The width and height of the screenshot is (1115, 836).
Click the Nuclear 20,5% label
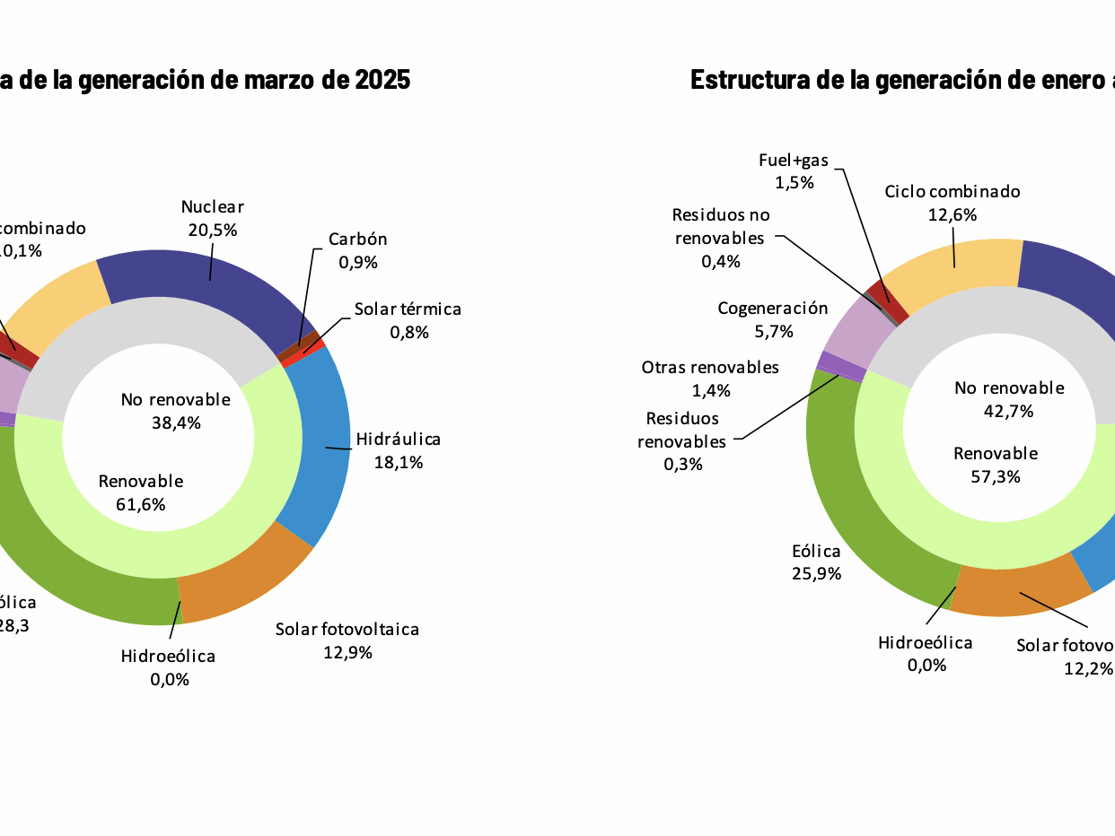(x=213, y=218)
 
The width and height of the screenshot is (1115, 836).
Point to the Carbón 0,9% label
(x=357, y=250)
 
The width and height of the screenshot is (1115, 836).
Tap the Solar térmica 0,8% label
(x=408, y=320)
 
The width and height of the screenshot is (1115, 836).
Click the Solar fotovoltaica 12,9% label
(x=347, y=640)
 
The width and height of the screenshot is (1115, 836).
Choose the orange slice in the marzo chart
(x=242, y=583)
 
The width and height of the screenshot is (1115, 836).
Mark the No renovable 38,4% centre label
(x=176, y=410)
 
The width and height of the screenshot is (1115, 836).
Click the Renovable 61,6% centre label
(x=141, y=492)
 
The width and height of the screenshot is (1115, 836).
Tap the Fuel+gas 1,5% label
(x=794, y=170)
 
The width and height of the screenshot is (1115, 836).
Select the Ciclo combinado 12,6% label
(x=953, y=203)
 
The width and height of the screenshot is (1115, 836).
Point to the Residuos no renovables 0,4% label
(x=721, y=238)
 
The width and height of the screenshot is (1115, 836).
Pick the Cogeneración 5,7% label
(x=773, y=319)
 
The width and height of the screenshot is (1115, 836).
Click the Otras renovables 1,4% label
(x=710, y=379)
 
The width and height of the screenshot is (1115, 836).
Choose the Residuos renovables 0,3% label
(x=682, y=441)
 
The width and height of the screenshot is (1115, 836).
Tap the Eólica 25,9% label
(x=816, y=562)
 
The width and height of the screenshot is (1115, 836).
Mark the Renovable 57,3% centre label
(x=996, y=465)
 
